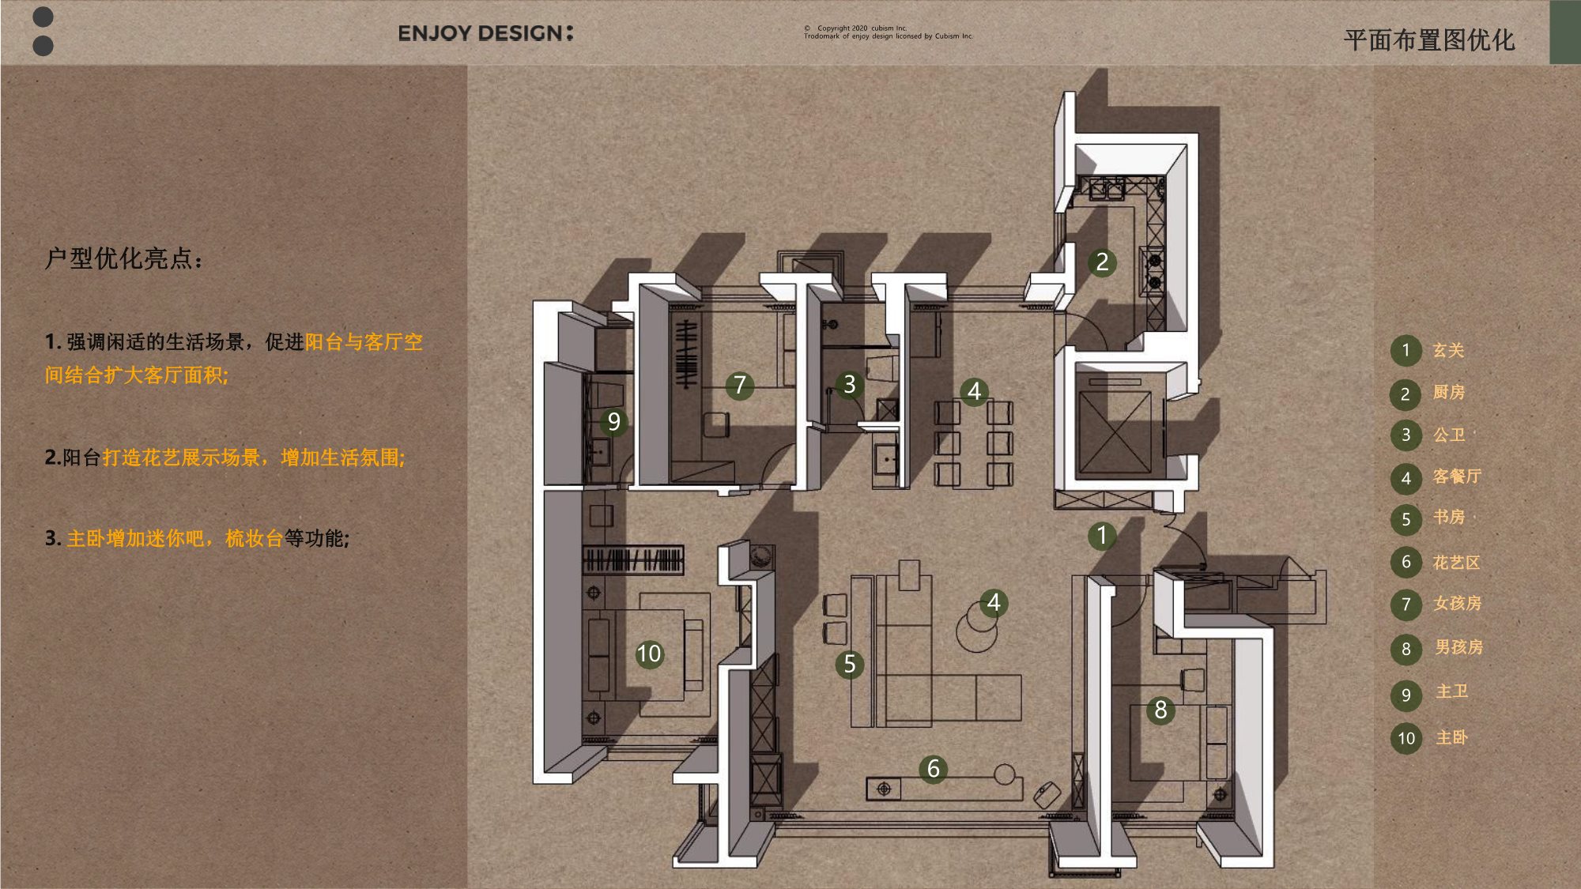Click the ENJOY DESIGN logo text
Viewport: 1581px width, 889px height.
485,33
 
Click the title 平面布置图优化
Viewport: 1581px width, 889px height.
1429,40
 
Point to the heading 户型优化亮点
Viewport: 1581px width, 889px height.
124,258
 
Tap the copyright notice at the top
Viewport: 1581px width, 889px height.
889,32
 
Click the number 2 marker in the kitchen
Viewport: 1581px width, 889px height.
1102,262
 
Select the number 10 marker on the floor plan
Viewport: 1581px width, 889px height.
649,654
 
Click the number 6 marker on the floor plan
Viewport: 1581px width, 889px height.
934,768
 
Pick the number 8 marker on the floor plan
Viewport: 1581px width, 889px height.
1160,710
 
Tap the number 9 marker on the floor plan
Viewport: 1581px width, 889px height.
614,421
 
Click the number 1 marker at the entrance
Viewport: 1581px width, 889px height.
1102,536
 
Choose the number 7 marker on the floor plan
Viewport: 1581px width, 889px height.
740,385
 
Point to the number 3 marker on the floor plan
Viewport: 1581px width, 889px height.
850,384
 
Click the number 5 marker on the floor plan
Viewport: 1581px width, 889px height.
850,664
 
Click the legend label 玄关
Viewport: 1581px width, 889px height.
1448,350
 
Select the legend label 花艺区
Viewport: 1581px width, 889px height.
1456,562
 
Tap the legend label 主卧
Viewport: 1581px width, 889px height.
1451,737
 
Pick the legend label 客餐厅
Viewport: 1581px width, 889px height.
1456,476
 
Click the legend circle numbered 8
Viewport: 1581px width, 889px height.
1406,649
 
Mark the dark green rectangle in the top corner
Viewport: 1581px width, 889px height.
1564,32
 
